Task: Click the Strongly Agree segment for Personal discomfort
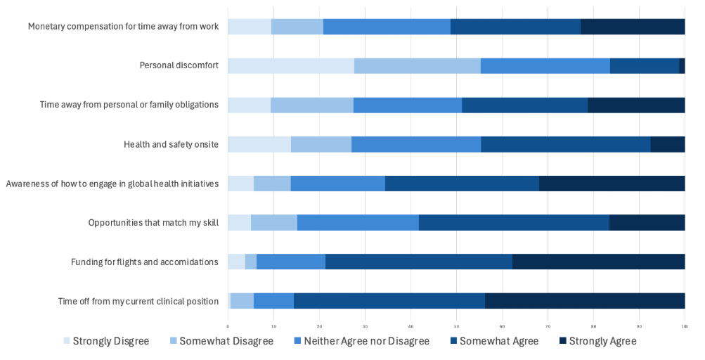682,65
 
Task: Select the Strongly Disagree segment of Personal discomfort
291,65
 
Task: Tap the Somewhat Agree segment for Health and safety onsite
565,144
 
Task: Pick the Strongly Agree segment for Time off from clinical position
585,301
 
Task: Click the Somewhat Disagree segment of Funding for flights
251,262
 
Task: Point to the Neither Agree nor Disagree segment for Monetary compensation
387,27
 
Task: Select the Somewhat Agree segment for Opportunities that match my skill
514,223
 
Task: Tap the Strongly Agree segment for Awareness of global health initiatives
612,184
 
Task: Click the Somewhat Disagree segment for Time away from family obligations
312,105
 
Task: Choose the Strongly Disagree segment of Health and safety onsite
259,144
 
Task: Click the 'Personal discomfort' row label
179,65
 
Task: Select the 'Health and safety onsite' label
171,144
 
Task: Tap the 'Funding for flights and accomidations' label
145,262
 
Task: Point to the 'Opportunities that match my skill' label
153,223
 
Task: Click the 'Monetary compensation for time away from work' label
123,27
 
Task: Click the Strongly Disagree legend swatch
67,341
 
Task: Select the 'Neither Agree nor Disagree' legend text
366,341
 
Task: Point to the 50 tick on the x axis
456,326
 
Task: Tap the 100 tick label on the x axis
685,326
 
